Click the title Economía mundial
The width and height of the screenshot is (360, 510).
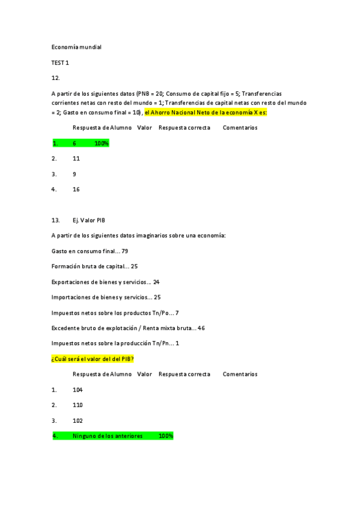click(x=76, y=47)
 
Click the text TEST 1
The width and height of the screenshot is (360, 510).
click(x=60, y=63)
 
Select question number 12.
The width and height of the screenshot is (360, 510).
click(x=56, y=78)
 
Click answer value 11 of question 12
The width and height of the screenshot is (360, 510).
click(x=76, y=159)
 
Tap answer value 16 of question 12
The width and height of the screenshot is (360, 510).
click(x=76, y=189)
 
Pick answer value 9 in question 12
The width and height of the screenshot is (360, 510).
click(x=75, y=174)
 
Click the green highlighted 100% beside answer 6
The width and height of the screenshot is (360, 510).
click(x=101, y=144)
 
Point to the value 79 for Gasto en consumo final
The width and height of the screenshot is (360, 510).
click(x=125, y=251)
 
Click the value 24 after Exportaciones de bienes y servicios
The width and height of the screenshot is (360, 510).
click(x=156, y=282)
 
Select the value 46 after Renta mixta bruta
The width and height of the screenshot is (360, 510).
click(x=201, y=328)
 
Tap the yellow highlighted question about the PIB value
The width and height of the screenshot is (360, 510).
click(x=93, y=359)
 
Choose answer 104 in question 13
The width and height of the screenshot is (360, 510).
click(x=78, y=390)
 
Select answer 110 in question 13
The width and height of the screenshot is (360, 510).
click(x=78, y=405)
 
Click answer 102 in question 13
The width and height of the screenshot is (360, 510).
click(x=78, y=421)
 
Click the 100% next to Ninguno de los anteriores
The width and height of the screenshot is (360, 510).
click(x=166, y=436)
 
